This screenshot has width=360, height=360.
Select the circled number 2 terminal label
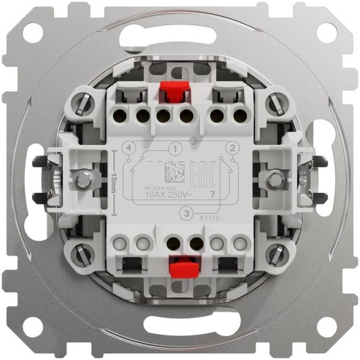232,148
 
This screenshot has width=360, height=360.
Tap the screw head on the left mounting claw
84,180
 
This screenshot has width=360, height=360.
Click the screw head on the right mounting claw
275,180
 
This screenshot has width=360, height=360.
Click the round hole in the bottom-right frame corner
327,327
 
